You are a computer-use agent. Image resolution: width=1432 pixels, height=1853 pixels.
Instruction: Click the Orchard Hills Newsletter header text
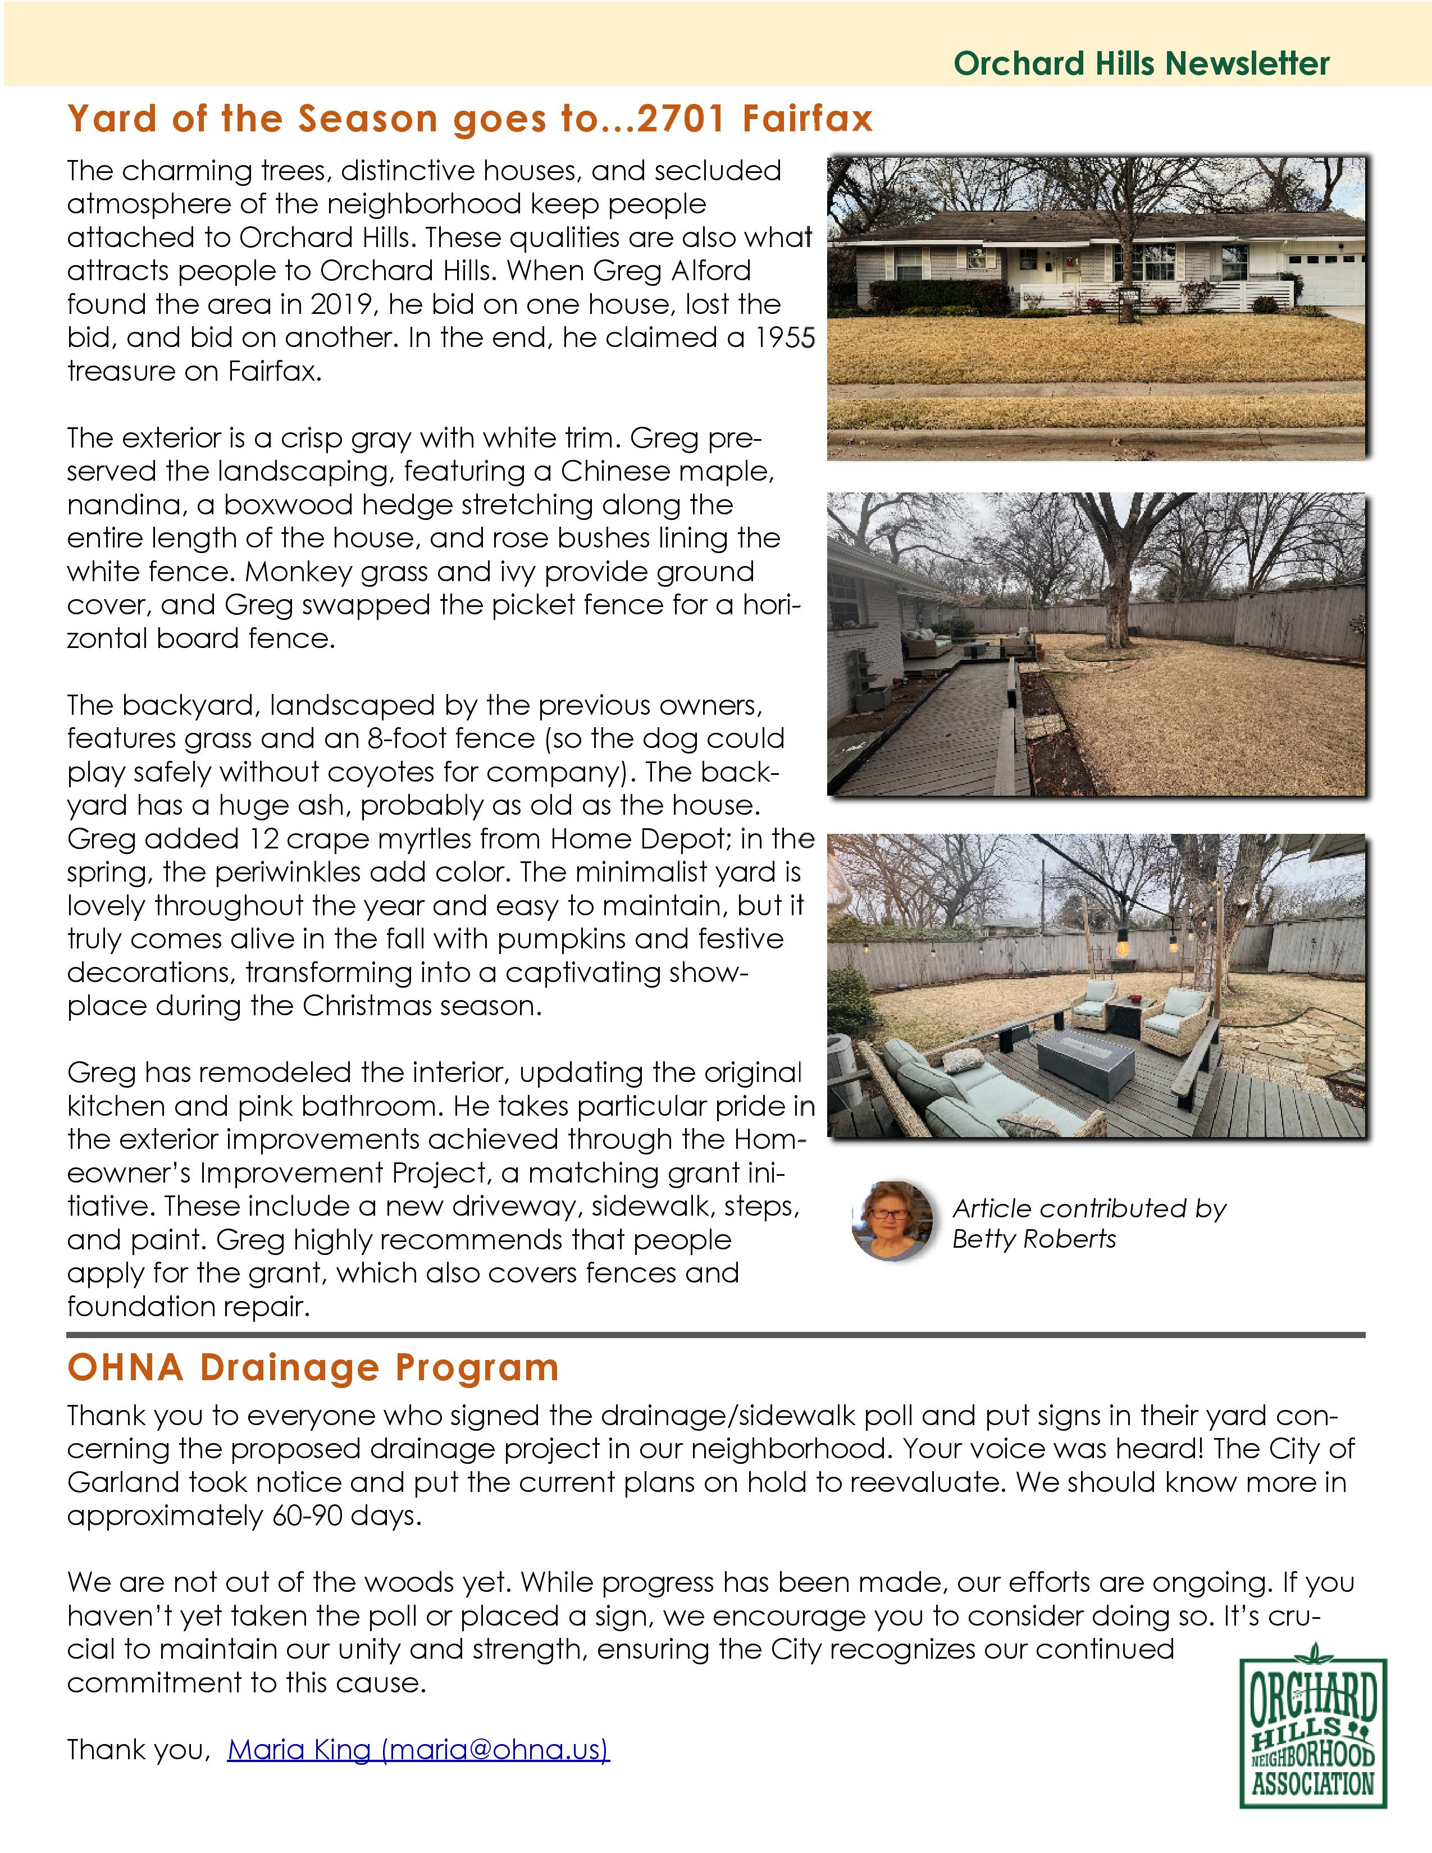click(1141, 63)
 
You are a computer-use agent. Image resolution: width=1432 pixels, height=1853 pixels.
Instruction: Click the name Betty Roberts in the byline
click(1033, 1239)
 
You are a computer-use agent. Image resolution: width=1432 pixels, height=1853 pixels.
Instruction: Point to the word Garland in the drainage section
click(123, 1482)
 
